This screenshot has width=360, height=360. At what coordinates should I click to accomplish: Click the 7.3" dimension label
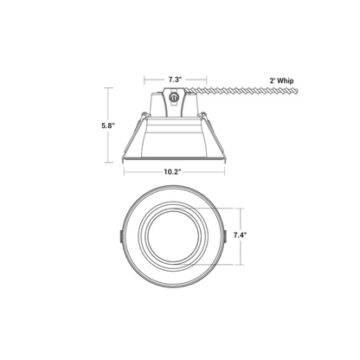point(176,80)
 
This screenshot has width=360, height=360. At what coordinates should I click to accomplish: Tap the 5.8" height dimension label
point(108,125)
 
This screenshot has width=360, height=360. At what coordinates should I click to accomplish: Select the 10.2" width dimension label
point(173,172)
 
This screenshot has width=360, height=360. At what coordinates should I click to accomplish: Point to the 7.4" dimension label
point(241,235)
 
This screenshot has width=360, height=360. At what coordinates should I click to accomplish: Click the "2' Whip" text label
point(281,80)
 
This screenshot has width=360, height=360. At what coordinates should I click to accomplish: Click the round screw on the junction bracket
point(174,98)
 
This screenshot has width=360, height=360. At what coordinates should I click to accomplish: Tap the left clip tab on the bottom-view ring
point(120,237)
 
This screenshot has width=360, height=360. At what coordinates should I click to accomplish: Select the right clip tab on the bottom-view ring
point(225,237)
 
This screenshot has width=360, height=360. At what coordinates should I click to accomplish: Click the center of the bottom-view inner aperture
point(172,237)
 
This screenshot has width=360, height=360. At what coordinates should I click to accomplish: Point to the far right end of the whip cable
point(299,92)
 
